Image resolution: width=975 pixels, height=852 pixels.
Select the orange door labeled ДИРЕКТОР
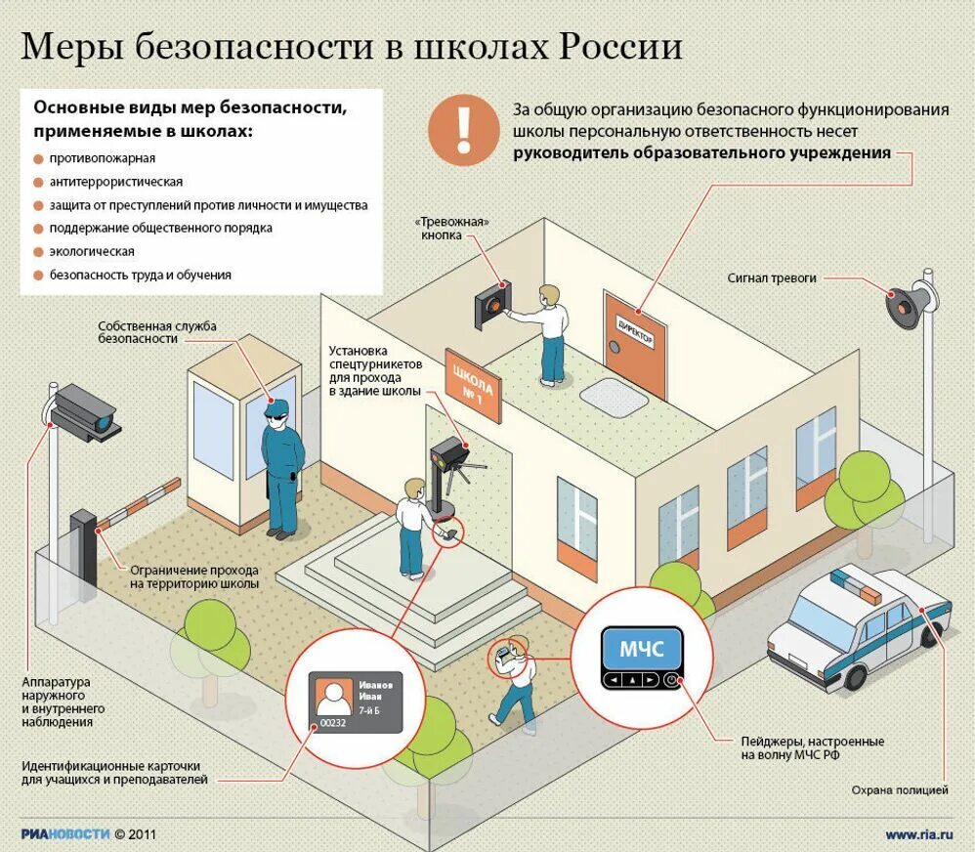tap(636, 343)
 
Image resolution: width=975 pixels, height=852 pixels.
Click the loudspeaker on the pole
tap(907, 304)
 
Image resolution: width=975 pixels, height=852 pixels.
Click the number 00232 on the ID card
tap(333, 722)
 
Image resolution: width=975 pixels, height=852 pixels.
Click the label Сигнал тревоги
tap(772, 278)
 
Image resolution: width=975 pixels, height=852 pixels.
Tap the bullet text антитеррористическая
tap(115, 182)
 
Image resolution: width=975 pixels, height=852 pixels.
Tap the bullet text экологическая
tap(92, 252)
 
